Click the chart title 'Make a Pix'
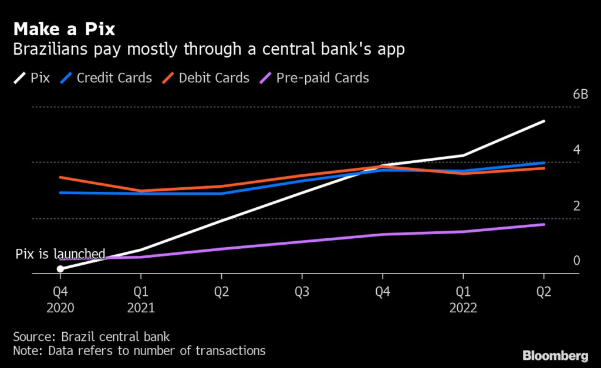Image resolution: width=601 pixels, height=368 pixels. pos(64,29)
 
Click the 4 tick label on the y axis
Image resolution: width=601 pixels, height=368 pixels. pos(576,150)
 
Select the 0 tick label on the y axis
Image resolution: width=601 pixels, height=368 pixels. pos(576,261)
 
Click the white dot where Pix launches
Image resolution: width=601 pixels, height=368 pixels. pos(60,269)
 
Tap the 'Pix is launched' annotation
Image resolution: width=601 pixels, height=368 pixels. pos(60,254)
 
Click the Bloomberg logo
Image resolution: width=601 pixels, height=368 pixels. pos(555,356)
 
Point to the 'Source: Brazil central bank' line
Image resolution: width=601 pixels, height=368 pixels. pos(92,337)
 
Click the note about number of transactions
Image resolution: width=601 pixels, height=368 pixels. pos(139,351)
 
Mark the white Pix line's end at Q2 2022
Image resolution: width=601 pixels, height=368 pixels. pos(544,121)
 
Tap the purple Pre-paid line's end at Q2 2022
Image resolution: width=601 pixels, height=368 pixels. pos(544,224)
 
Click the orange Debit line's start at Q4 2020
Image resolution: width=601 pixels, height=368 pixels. pos(60,177)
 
